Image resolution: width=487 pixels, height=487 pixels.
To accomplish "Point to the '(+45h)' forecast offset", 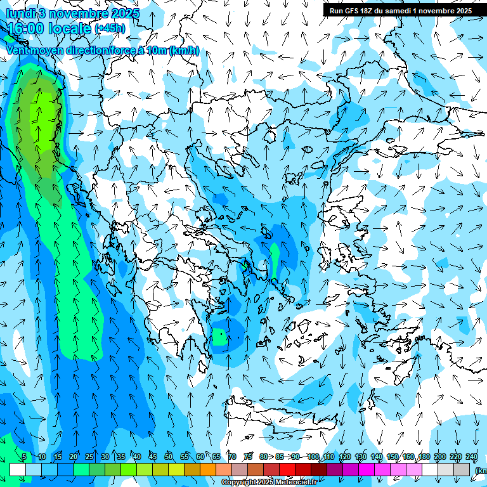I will (110, 29).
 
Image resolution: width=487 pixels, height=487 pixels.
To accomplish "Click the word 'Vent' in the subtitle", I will (18, 50).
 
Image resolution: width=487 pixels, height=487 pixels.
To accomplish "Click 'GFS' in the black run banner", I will (353, 11).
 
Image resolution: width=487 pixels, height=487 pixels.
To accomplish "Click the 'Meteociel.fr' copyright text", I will (296, 483).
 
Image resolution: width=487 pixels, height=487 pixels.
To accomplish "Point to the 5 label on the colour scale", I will (24, 457).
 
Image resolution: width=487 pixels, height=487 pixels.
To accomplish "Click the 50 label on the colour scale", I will (168, 457).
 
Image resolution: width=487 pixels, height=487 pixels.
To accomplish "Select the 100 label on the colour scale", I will (313, 457).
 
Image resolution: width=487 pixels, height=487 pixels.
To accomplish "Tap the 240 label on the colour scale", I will (472, 457).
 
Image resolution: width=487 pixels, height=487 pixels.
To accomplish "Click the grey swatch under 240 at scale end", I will (462, 469).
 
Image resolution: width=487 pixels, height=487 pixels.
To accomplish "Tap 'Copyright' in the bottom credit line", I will (240, 483).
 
